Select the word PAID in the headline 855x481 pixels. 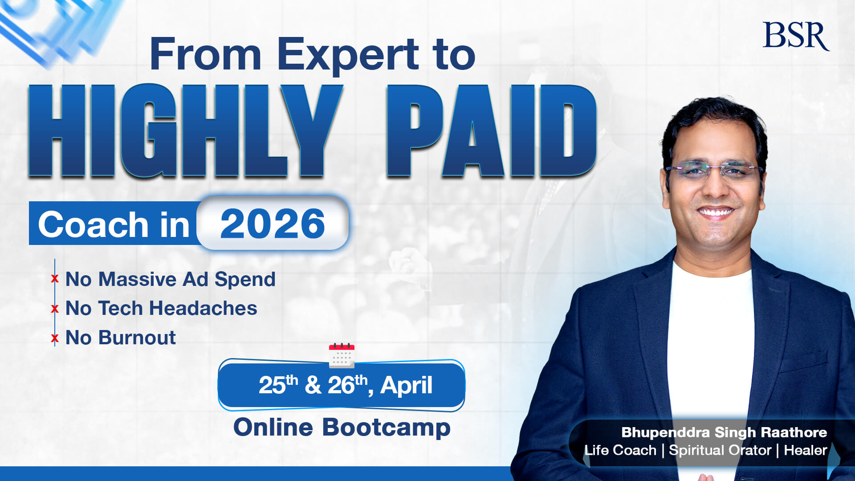click(491, 131)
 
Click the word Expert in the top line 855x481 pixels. click(348, 54)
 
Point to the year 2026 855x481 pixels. click(273, 224)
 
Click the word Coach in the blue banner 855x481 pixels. click(93, 224)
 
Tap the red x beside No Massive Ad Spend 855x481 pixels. click(55, 279)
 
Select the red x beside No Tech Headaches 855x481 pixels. click(55, 308)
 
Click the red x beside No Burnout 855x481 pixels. click(55, 338)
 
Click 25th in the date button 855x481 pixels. click(277, 384)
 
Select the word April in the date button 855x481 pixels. click(406, 385)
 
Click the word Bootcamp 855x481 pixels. click(386, 428)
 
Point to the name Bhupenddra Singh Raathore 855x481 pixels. click(724, 432)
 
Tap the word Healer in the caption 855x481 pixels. click(805, 450)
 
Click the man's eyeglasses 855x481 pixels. click(714, 171)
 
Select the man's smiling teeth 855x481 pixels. click(716, 212)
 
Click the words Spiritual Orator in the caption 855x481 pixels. click(720, 450)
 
